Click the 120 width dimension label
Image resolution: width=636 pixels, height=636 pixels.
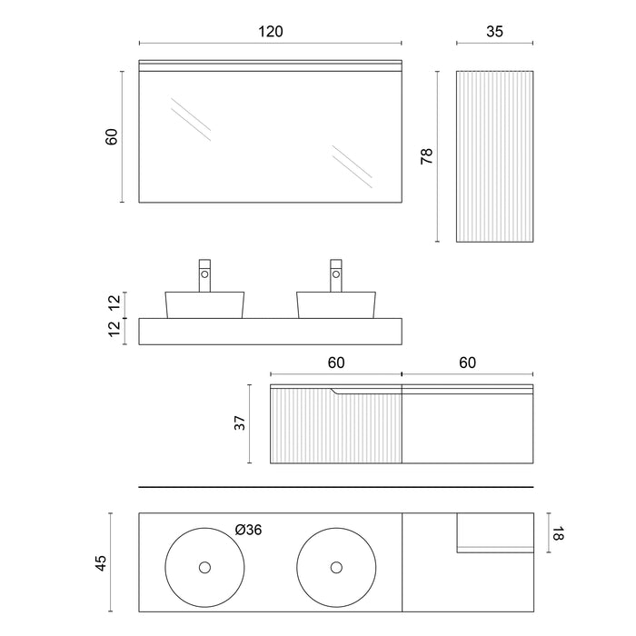click(x=271, y=32)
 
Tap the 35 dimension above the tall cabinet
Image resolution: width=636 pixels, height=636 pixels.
click(x=494, y=32)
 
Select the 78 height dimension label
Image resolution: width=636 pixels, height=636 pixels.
click(x=427, y=156)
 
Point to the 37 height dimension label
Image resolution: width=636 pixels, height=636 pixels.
click(x=240, y=423)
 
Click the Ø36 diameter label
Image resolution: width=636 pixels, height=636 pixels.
click(x=249, y=530)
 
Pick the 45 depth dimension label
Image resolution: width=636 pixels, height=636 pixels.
click(x=101, y=563)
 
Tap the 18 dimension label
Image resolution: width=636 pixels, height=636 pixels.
click(x=558, y=533)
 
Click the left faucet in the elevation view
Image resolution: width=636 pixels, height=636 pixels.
click(x=204, y=275)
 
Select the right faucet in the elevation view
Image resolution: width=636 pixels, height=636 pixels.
click(x=336, y=275)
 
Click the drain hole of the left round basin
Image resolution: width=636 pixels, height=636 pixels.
click(x=204, y=568)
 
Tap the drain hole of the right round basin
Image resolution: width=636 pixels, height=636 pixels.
click(x=336, y=568)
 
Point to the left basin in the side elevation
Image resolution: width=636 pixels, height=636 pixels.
click(x=204, y=305)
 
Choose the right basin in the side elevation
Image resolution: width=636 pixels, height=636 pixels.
click(x=336, y=305)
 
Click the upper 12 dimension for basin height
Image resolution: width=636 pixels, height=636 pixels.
click(x=114, y=302)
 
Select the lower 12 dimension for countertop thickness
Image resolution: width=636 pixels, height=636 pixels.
click(x=114, y=329)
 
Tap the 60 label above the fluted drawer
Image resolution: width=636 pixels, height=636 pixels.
click(x=336, y=363)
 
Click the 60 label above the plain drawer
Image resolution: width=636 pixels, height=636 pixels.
click(x=467, y=363)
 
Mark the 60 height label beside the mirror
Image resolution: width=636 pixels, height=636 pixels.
click(x=112, y=136)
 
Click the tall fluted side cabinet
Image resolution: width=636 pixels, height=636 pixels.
click(x=494, y=156)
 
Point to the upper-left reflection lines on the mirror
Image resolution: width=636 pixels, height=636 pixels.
click(x=191, y=119)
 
